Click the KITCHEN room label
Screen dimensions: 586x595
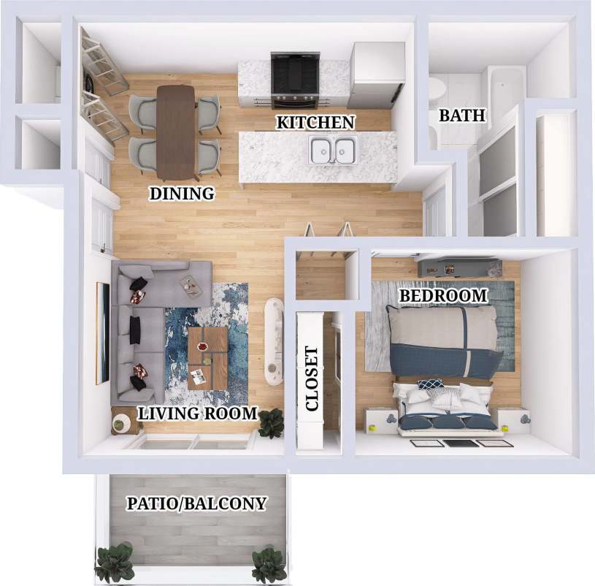[315, 122]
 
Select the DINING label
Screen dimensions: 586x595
[182, 194]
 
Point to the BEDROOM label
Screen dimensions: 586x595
[443, 295]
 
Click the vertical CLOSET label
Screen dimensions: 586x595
[312, 378]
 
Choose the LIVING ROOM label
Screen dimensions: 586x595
[198, 414]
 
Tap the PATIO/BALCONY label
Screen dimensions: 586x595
[196, 503]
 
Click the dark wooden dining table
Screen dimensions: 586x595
[176, 132]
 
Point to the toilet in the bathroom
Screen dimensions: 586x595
[437, 90]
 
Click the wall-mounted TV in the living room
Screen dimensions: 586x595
[101, 332]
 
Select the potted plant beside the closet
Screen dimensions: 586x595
[271, 422]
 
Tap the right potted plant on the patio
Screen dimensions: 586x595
[268, 564]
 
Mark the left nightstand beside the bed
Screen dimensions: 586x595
[380, 419]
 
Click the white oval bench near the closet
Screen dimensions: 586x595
[275, 341]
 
